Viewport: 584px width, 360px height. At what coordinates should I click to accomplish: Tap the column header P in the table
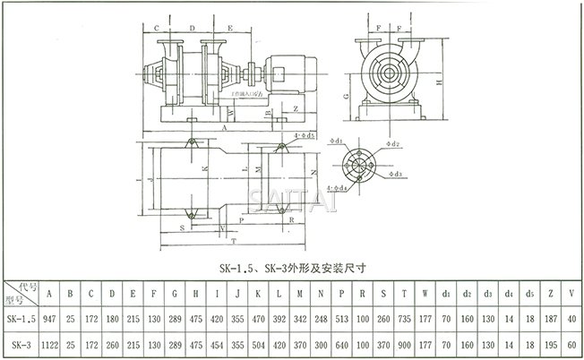tap(342, 293)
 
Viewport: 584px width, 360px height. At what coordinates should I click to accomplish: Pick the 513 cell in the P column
tap(342, 319)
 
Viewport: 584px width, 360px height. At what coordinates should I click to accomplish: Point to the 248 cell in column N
tap(322, 319)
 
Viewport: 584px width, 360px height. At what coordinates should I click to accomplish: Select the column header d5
tap(528, 293)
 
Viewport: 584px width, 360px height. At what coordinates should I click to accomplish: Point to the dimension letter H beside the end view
tap(437, 82)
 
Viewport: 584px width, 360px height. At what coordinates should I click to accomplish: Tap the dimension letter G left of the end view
tap(346, 93)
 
